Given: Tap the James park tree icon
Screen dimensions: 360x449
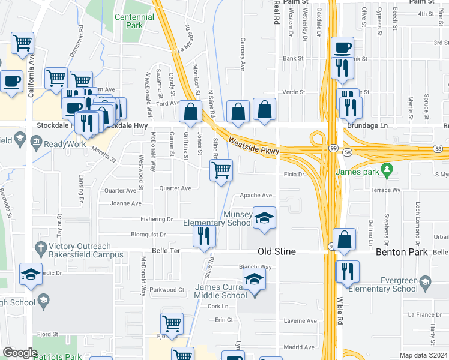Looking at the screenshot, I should click(x=388, y=172).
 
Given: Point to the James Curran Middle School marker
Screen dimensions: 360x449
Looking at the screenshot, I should click(x=254, y=280).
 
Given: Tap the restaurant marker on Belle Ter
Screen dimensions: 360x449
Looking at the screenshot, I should click(x=204, y=236).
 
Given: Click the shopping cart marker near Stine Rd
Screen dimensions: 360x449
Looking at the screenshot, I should click(x=221, y=170).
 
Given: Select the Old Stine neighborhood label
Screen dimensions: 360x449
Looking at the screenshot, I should click(x=277, y=251).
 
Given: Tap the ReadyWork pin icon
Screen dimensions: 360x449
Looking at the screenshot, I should click(x=36, y=143).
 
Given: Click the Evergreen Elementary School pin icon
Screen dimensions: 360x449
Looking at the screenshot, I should click(x=425, y=282).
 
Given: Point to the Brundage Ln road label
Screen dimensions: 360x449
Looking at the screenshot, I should click(x=367, y=126).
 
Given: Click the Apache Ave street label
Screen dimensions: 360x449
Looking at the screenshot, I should click(x=256, y=196).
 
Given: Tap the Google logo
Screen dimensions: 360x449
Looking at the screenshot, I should click(x=20, y=353).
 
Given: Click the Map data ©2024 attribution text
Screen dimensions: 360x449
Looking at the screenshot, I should click(x=424, y=355).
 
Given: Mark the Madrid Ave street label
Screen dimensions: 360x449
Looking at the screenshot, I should click(x=299, y=347).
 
